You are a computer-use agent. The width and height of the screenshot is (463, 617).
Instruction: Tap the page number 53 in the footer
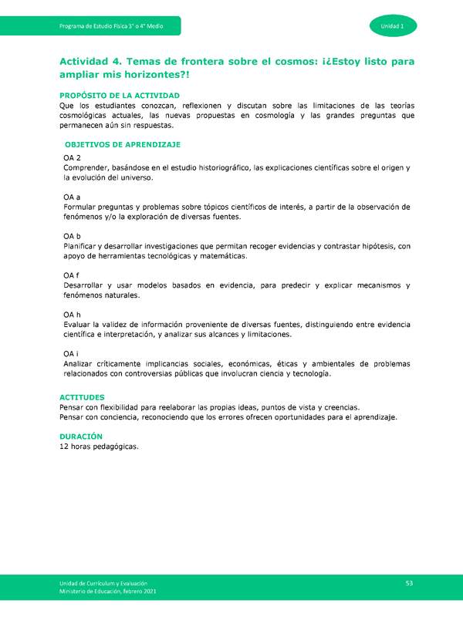pyautogui.click(x=410, y=582)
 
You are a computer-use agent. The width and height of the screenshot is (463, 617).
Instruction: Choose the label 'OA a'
pyautogui.click(x=73, y=197)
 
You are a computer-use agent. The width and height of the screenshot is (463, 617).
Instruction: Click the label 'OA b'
pyautogui.click(x=73, y=236)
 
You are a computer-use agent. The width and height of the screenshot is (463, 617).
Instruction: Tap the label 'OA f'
pyautogui.click(x=72, y=275)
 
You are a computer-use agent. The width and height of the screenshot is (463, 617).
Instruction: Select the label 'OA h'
pyautogui.click(x=73, y=314)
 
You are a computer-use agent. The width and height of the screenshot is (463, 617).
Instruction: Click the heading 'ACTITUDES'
pyautogui.click(x=82, y=397)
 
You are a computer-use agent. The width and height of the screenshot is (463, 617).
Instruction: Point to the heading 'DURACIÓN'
pyautogui.click(x=81, y=436)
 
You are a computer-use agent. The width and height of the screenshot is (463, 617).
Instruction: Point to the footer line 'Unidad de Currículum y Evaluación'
pyautogui.click(x=102, y=582)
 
